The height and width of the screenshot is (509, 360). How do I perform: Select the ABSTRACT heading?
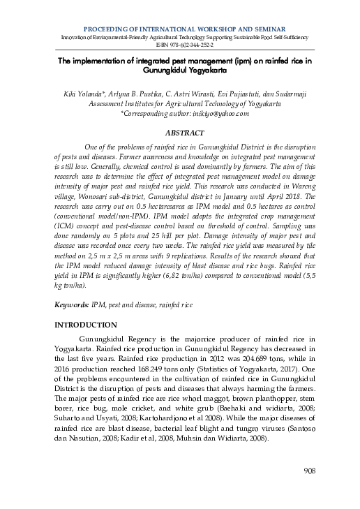pos(184,133)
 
